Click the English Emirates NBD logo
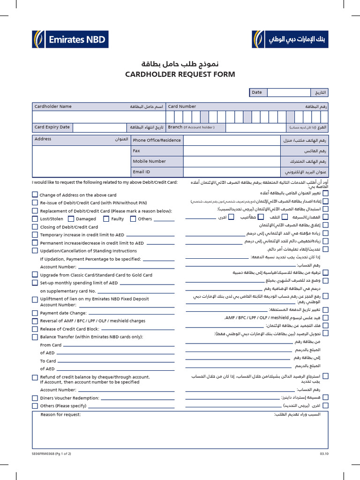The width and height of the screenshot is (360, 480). pos(70,39)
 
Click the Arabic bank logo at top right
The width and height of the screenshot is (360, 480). pos(291,39)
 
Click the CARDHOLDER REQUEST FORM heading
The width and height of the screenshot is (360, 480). pos(180,74)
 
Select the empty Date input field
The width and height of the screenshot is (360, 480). pos(288,93)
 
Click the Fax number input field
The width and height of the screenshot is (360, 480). pos(232,151)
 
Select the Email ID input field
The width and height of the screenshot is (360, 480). pos(232,172)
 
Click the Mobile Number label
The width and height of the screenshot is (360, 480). pos(150,161)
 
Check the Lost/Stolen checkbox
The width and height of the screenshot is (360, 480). pos(35,218)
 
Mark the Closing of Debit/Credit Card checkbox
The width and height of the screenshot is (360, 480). pos(35,226)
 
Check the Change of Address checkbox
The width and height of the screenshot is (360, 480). pos(35,195)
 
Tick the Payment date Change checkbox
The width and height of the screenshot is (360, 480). pos(35,313)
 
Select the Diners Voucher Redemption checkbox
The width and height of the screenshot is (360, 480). pos(35,398)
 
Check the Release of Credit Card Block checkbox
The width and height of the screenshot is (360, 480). pos(35,329)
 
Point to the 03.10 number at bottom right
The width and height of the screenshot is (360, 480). pos(324,454)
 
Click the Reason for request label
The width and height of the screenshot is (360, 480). pos(60,414)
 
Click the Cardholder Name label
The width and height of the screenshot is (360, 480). pos(53,106)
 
